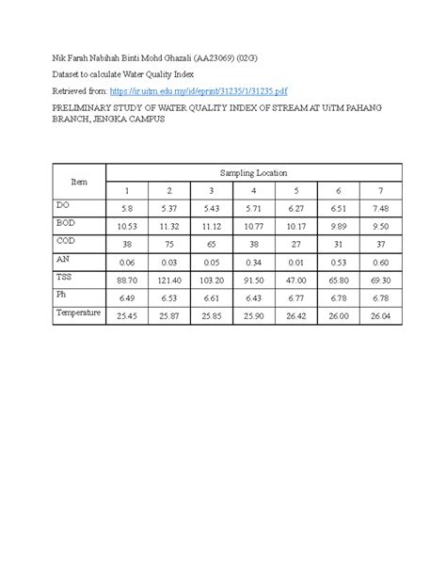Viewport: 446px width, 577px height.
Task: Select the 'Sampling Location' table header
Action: [x=253, y=173]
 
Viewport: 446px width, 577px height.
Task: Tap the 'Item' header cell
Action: [x=79, y=181]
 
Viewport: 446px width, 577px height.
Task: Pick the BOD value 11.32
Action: [x=170, y=227]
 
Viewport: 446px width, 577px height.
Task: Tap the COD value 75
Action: [x=170, y=244]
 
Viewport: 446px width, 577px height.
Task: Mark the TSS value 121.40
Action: [x=170, y=280]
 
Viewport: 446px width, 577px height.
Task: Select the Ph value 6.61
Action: [x=213, y=297]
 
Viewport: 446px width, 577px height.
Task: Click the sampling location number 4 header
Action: [x=253, y=191]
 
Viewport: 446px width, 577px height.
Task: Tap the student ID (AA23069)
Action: [x=217, y=58]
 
